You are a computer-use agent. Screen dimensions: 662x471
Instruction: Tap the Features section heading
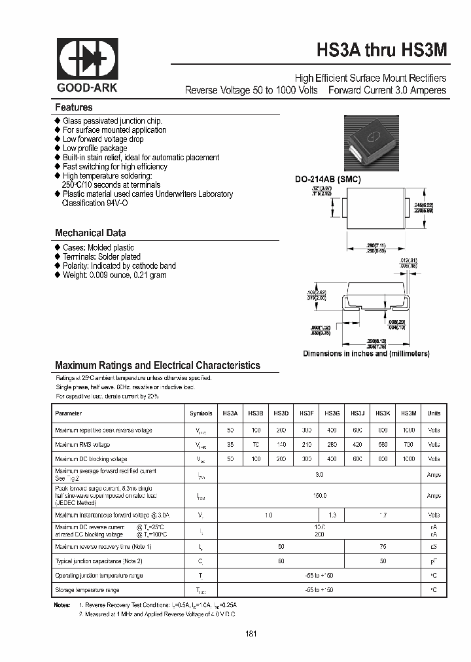coord(73,107)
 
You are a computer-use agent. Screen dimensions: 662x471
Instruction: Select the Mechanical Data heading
coord(90,233)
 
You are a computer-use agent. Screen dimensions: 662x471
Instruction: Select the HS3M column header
coord(408,413)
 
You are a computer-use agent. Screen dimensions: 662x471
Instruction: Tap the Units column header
coord(434,413)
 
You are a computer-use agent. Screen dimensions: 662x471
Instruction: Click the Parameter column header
coord(69,413)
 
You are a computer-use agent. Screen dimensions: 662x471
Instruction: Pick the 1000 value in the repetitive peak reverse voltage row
coord(408,430)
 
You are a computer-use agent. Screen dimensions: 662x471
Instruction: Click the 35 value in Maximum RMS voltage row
coord(230,444)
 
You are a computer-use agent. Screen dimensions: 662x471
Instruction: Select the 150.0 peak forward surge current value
coord(319,496)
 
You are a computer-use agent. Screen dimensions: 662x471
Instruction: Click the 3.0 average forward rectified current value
coord(319,474)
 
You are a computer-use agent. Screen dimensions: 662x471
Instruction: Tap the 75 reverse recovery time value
coord(383,546)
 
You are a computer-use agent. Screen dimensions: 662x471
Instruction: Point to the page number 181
coord(251,633)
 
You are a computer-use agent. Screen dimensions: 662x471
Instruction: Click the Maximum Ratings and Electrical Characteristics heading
coord(157,366)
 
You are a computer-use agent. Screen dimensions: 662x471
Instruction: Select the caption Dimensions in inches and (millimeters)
coord(366,353)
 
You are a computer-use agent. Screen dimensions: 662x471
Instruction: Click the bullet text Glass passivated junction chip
coord(112,121)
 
